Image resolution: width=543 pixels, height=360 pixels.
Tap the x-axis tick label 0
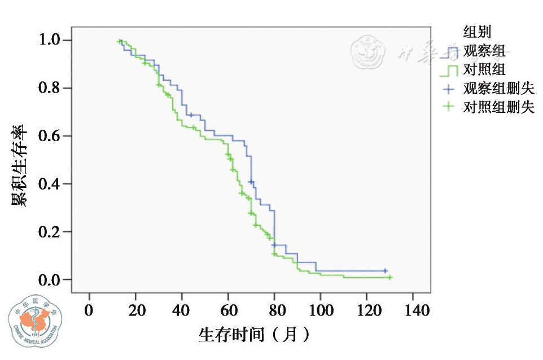pyautogui.click(x=89, y=310)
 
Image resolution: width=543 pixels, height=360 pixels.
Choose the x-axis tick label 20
pyautogui.click(x=135, y=310)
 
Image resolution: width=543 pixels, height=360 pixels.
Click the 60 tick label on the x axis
pyautogui.click(x=227, y=310)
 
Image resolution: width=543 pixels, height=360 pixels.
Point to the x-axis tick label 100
pyautogui.click(x=320, y=310)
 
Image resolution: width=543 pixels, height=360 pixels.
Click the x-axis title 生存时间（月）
pyautogui.click(x=254, y=335)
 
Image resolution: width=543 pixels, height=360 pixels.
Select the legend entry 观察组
pyautogui.click(x=484, y=52)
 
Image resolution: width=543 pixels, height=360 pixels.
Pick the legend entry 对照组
pyautogui.click(x=484, y=70)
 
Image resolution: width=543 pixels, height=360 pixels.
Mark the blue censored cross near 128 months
pyautogui.click(x=386, y=271)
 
